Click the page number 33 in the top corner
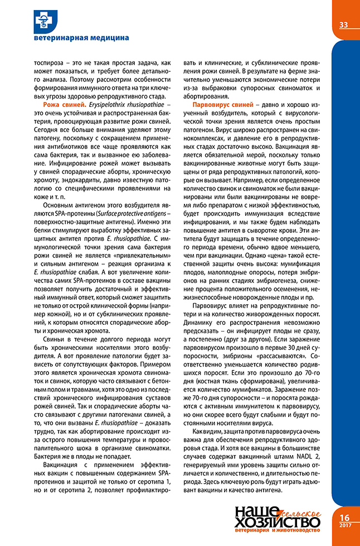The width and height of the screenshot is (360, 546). [x=343, y=25]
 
